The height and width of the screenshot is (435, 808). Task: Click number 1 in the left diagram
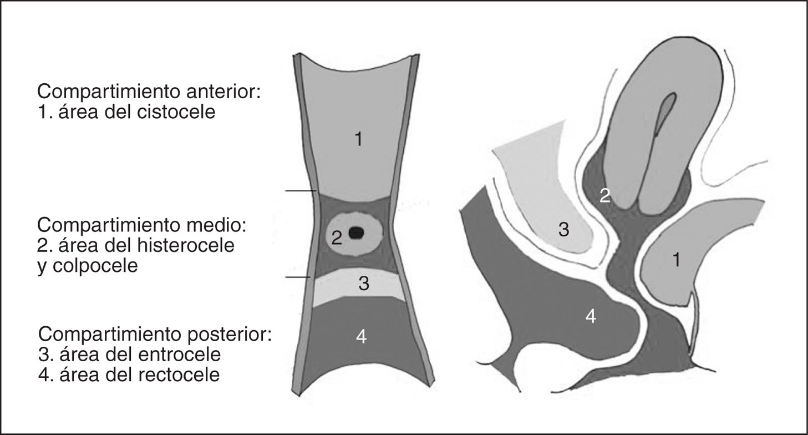tap(358, 140)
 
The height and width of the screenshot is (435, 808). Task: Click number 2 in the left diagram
tap(337, 239)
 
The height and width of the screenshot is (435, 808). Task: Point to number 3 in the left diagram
tap(364, 284)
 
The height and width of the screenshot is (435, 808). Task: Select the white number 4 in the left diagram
tap(361, 336)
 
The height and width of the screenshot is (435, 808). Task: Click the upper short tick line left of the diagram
tap(300, 191)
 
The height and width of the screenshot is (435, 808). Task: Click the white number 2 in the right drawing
tap(605, 195)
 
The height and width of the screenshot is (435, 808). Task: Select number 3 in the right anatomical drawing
tap(563, 230)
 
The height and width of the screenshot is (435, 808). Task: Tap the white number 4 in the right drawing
tap(591, 317)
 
